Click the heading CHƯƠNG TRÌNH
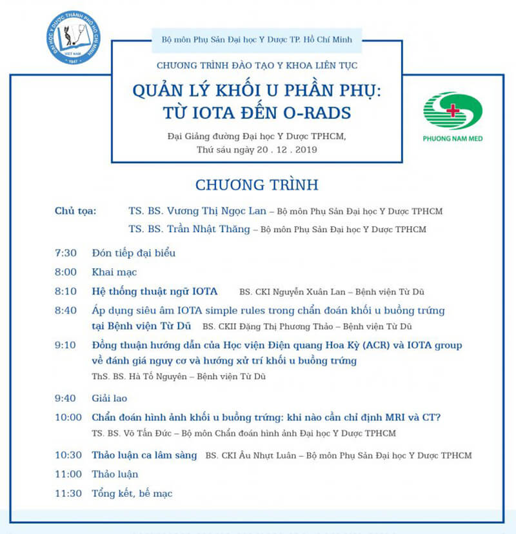click(x=257, y=185)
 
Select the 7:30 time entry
click(x=66, y=253)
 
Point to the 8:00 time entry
click(x=66, y=272)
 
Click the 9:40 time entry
click(x=66, y=399)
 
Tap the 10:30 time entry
click(x=68, y=455)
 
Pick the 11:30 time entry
click(x=68, y=493)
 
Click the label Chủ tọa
click(x=75, y=211)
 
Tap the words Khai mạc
click(x=114, y=272)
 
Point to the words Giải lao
click(x=109, y=399)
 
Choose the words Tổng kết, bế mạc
click(x=132, y=493)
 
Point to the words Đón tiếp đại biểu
click(x=134, y=253)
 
